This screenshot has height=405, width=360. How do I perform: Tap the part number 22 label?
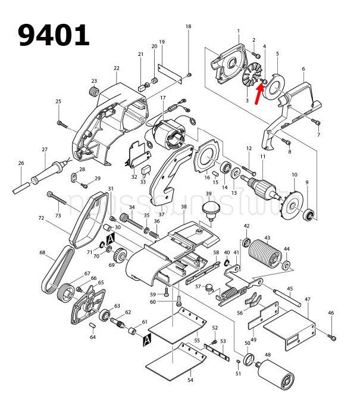(117, 68)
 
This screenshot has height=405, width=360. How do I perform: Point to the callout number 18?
(189, 27)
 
